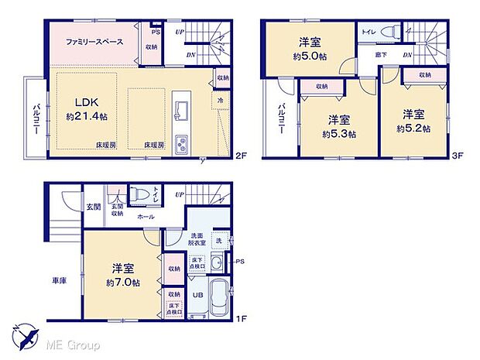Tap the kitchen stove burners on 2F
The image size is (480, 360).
pyautogui.click(x=182, y=145)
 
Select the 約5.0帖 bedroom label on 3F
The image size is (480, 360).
pyautogui.click(x=308, y=49)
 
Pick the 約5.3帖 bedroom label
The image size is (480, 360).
pyautogui.click(x=338, y=126)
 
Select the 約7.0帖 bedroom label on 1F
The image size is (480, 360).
pyautogui.click(x=124, y=275)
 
